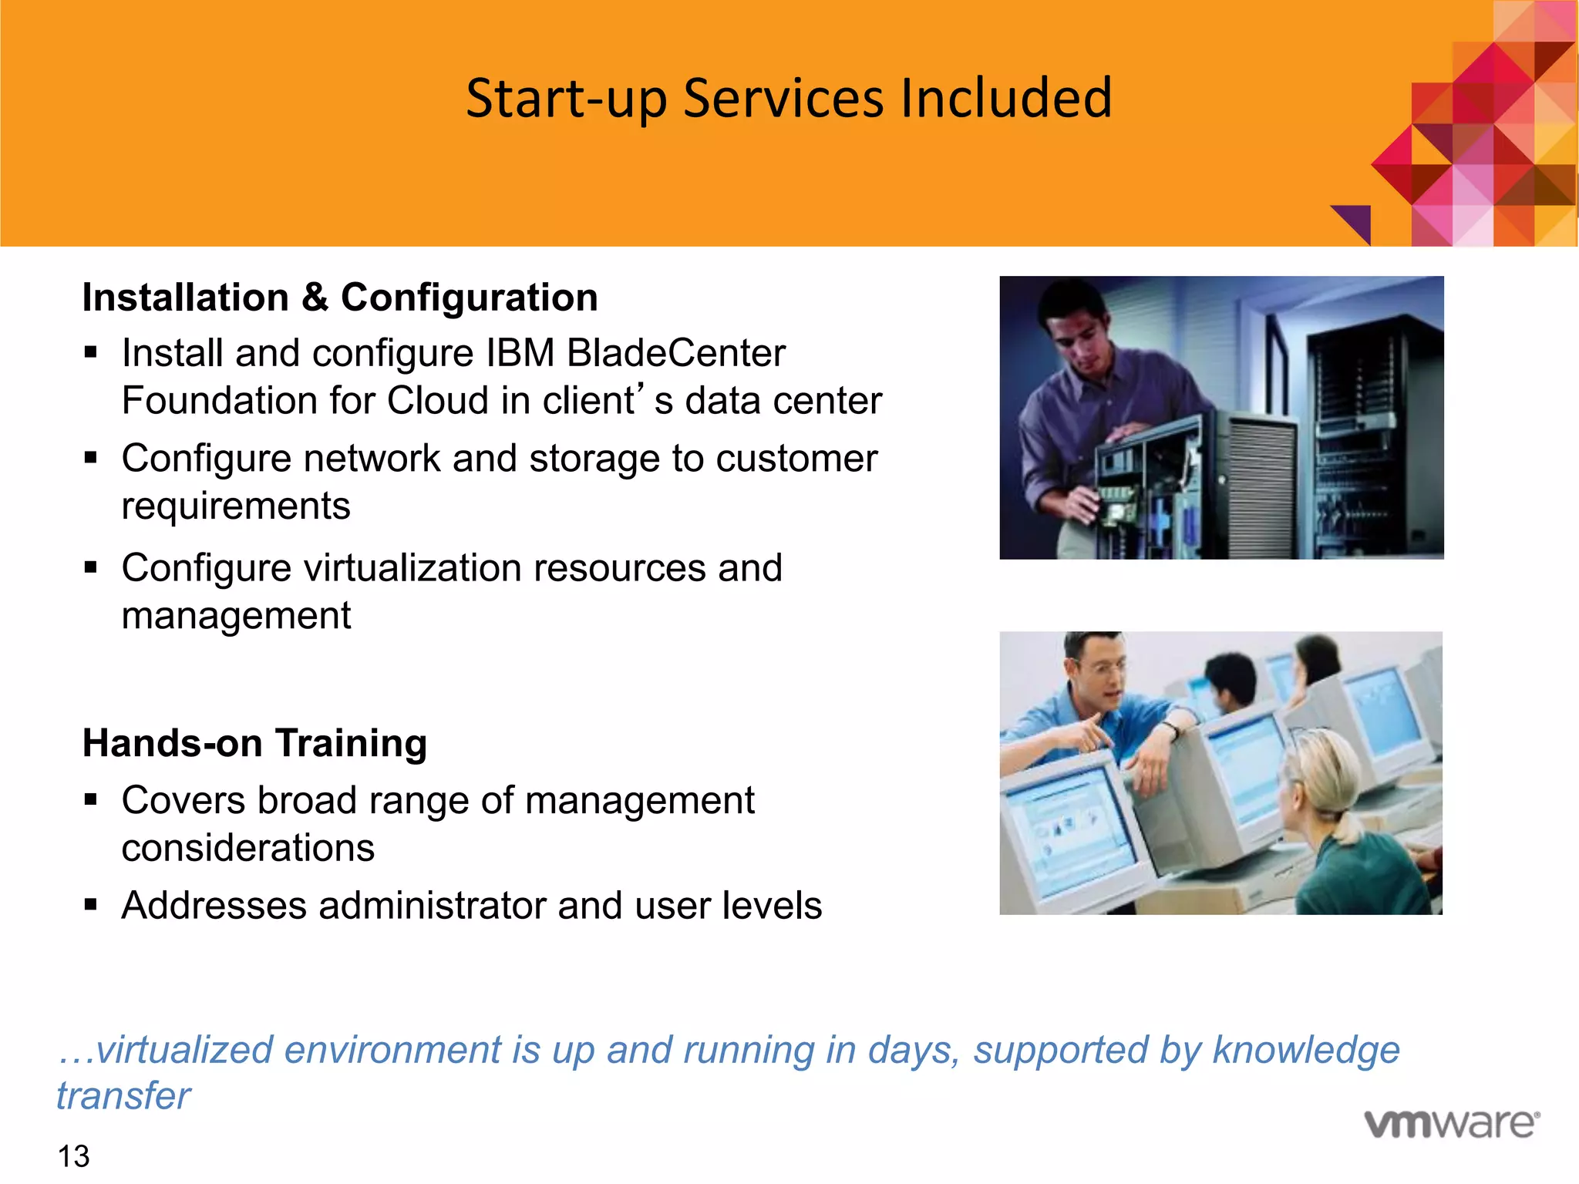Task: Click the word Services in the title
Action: pos(783,99)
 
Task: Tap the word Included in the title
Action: pos(1006,99)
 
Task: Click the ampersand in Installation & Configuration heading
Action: pos(315,298)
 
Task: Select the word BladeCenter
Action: pos(676,353)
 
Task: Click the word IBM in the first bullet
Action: pos(520,353)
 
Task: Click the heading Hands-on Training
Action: pos(254,743)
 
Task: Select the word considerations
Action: pos(248,848)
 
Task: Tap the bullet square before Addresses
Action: pos(91,904)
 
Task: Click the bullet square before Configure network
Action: pos(91,458)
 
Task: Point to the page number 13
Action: pos(73,1156)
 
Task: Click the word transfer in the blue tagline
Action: pos(123,1095)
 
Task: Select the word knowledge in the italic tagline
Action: pos(1305,1050)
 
